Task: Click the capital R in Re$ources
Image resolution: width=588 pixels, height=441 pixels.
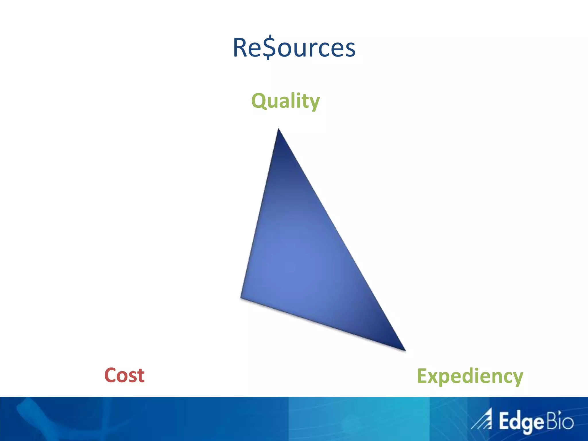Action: click(x=241, y=47)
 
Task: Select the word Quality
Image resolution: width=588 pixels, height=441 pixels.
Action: click(x=285, y=101)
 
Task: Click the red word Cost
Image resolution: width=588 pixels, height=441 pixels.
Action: click(x=124, y=375)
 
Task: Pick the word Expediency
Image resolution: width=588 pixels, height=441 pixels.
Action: click(x=470, y=376)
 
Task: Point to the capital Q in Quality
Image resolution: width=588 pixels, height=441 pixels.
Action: click(x=259, y=101)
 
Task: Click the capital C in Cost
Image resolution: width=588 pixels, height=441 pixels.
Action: click(x=111, y=375)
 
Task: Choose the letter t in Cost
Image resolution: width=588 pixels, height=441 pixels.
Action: click(x=141, y=376)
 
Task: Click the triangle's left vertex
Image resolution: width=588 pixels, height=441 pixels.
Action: click(x=242, y=297)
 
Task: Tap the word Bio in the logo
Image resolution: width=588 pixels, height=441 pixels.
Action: click(x=560, y=421)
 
